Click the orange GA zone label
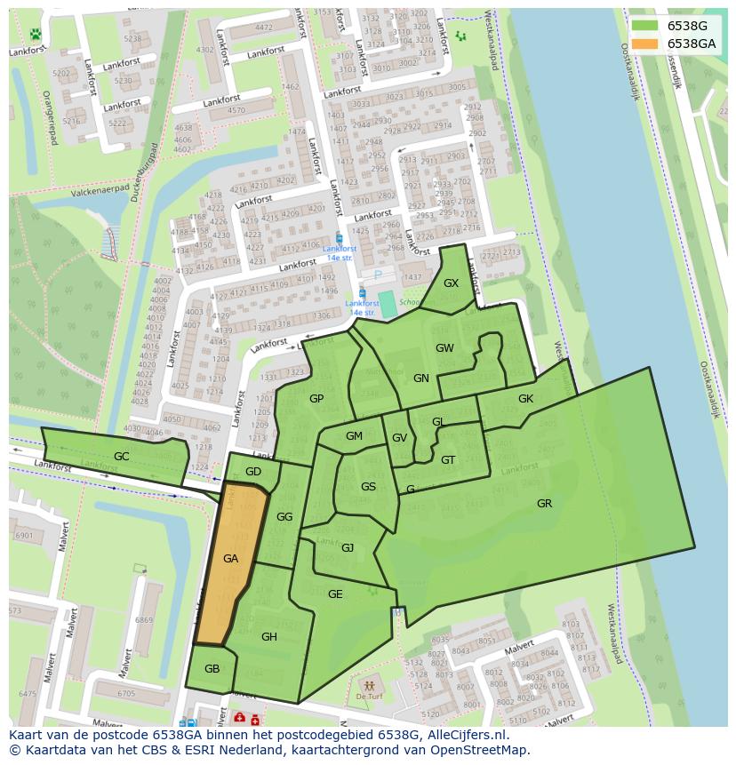[230, 559]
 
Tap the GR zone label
[544, 504]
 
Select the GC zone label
[122, 457]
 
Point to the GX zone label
[451, 283]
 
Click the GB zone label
[212, 669]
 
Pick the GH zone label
[269, 636]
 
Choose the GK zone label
[525, 399]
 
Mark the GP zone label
[316, 399]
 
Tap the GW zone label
[444, 348]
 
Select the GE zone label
[335, 594]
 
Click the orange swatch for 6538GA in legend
[645, 44]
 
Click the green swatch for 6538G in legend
[645, 26]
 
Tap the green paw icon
[35, 35]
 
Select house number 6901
[24, 536]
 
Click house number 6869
[143, 620]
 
